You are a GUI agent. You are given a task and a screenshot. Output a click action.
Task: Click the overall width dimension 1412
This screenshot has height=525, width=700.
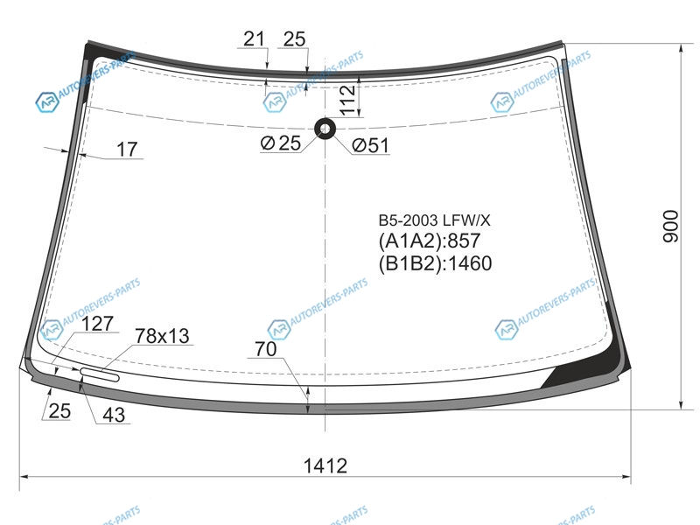(x=325, y=465)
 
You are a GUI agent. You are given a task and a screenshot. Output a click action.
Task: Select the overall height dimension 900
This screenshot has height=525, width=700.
(x=670, y=227)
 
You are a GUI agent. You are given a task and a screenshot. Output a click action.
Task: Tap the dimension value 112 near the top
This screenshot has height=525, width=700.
(x=347, y=100)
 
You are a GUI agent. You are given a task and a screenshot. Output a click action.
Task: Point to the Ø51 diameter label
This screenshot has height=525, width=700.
(x=370, y=145)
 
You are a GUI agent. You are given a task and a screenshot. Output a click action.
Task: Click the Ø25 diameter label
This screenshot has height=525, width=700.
(x=281, y=143)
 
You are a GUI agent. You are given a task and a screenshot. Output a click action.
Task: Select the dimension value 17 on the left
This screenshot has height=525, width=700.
(x=127, y=150)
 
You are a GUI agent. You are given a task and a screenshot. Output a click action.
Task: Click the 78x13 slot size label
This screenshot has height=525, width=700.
(x=162, y=336)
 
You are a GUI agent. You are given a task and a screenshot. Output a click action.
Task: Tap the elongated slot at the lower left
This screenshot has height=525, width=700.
(x=100, y=374)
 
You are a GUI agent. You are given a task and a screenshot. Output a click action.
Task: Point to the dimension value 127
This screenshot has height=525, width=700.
(x=97, y=324)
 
